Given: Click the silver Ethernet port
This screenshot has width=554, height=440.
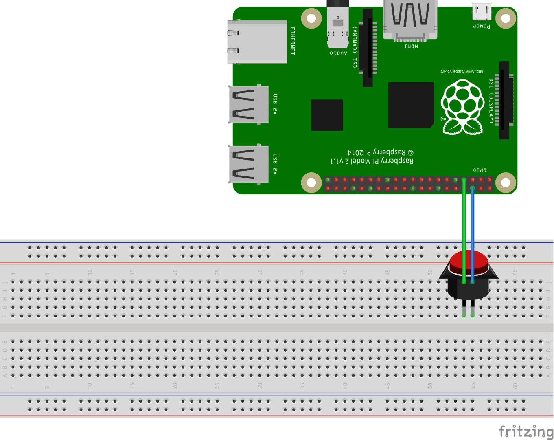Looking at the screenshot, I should coord(257,42).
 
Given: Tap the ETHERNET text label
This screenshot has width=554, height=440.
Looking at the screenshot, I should coord(292,41).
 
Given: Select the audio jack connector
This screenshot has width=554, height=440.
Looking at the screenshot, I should coord(338,24).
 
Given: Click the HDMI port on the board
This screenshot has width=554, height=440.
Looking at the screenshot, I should coord(410,20).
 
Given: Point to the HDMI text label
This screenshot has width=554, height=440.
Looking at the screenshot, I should coord(411,46).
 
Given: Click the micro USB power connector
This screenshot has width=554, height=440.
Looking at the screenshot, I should coord(482,12).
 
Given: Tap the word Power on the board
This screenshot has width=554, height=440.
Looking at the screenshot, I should coord(482,26).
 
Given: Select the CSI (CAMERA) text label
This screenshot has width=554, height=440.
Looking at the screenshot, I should coord(355,47).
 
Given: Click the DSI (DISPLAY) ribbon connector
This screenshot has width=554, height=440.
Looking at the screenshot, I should coord(504,100).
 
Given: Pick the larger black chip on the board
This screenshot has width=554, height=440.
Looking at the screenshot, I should coord(411,105).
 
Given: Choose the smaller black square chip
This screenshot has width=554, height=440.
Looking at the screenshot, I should coord(327,115).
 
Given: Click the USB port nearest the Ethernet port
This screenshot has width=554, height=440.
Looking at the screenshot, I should coord(249,105).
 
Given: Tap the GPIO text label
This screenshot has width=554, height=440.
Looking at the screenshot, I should coord(480,170).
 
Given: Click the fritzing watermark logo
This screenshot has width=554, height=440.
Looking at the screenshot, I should coord(526,431).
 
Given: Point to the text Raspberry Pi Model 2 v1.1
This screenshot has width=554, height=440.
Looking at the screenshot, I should coord(372,161).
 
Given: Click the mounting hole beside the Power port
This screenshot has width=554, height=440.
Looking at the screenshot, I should coord(506,18).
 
